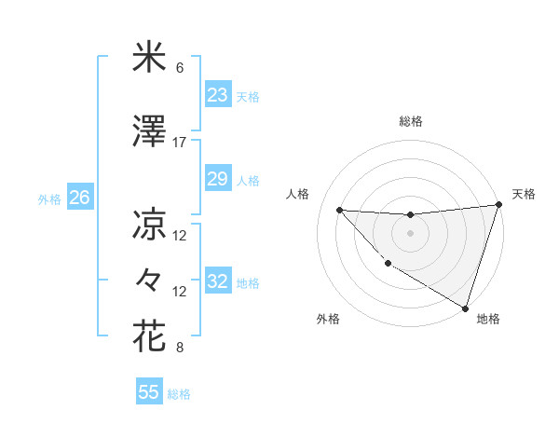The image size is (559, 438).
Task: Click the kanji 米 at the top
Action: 149,59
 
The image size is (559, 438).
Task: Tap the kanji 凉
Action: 149,224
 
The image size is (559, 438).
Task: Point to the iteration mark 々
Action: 149,280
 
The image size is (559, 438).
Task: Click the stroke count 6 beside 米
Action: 180,69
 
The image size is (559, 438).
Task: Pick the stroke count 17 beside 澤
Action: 180,143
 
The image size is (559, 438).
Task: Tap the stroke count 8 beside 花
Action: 180,349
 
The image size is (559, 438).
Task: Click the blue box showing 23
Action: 217,95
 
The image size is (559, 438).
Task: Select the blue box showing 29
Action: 217,179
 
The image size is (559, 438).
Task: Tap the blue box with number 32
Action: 217,281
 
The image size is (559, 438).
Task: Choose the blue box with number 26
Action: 79,198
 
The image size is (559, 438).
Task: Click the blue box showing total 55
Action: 149,392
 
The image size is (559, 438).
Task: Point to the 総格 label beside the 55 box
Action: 180,394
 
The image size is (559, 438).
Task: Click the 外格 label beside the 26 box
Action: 49,198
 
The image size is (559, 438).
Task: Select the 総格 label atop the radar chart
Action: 411,121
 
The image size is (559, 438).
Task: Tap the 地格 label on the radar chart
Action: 488,319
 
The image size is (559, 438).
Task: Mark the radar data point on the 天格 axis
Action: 498,205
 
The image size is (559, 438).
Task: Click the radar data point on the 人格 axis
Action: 339,210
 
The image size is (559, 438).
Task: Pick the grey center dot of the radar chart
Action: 410,233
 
